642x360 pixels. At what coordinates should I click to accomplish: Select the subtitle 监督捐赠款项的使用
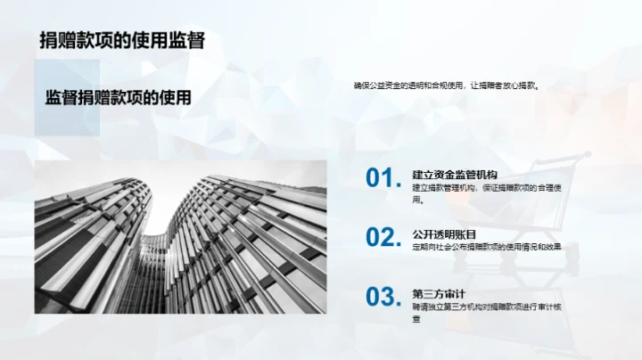coord(118,98)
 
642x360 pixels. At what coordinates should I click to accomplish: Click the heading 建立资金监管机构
coord(455,174)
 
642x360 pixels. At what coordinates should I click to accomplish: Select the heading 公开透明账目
coord(444,233)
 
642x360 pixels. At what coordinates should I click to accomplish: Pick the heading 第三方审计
coord(439,293)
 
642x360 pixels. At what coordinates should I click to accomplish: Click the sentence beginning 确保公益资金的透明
coord(447,86)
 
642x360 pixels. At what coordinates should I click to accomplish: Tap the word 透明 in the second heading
coord(444,233)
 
